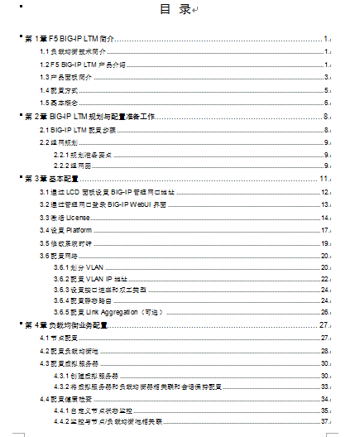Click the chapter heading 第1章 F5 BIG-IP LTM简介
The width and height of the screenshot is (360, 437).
pyautogui.click(x=70, y=39)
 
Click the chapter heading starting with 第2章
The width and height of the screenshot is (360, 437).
pyautogui.click(x=92, y=117)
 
